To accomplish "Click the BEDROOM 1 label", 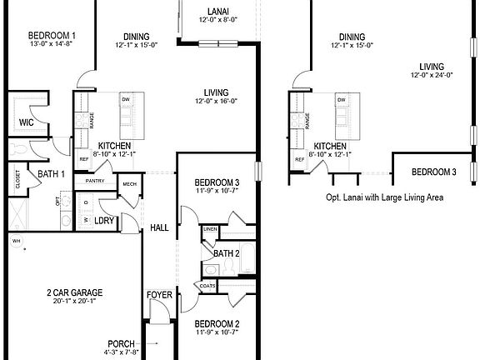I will click(52, 35).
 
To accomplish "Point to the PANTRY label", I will click(94, 180).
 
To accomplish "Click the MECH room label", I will click(129, 184).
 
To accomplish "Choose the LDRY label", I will click(104, 221).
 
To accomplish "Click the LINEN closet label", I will click(210, 228).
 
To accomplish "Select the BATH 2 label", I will click(226, 253).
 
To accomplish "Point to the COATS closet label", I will click(207, 286).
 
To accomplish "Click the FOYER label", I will click(159, 295).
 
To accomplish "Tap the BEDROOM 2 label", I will click(217, 323).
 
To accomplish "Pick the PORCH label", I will click(121, 343).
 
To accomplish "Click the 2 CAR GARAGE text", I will click(74, 292).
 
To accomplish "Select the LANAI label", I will click(217, 11).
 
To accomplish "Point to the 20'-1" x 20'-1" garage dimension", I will click(74, 302).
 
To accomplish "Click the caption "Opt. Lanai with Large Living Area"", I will click(384, 197).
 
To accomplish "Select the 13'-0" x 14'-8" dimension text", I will click(52, 45).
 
